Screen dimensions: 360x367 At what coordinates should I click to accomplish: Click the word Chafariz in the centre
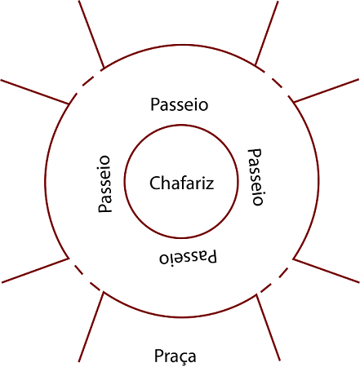click(x=181, y=183)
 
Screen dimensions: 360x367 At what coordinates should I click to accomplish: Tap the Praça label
click(x=175, y=356)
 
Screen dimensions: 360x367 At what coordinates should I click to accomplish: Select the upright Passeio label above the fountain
click(x=180, y=104)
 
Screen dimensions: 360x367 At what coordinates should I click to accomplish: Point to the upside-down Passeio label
click(x=188, y=257)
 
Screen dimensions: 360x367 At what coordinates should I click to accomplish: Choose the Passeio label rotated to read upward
click(x=104, y=184)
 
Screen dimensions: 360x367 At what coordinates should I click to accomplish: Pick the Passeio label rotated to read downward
click(x=256, y=177)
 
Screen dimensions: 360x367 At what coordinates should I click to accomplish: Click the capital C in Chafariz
click(x=154, y=183)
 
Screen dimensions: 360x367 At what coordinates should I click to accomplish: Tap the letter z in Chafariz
click(x=210, y=184)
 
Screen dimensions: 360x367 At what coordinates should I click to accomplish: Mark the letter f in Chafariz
click(x=181, y=182)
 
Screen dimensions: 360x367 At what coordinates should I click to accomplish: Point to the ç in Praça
click(x=180, y=358)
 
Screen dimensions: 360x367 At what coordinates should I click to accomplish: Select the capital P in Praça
click(x=158, y=356)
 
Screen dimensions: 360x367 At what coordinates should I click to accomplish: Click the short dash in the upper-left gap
click(x=87, y=82)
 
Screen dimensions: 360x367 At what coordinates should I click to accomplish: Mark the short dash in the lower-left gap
click(x=79, y=269)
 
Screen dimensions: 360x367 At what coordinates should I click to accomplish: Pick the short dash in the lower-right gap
click(x=283, y=273)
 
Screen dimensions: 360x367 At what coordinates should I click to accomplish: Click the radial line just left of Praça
click(x=91, y=327)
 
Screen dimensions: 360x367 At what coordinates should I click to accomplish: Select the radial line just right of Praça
click(x=268, y=328)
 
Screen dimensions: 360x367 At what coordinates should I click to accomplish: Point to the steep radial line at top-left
click(x=91, y=34)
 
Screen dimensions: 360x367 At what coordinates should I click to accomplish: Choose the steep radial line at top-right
click(x=266, y=33)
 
